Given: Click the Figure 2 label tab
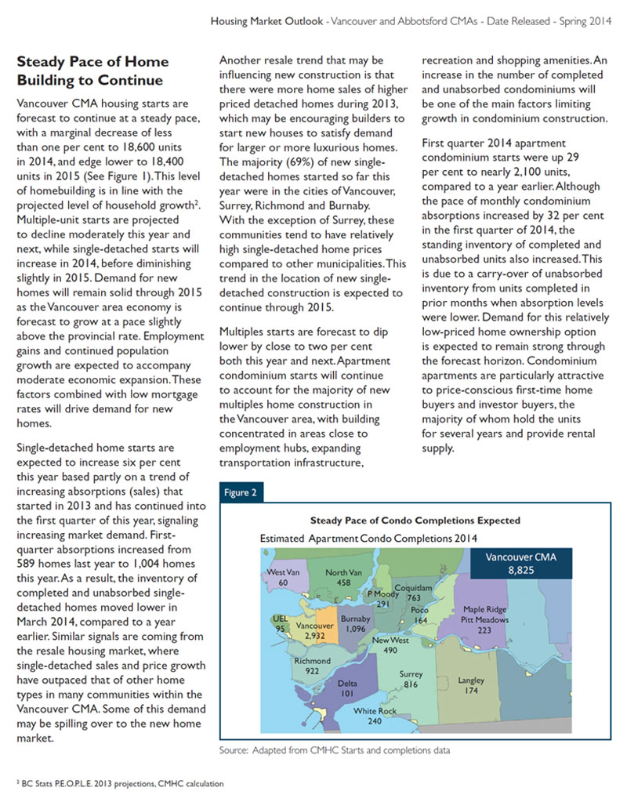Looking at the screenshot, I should [x=241, y=492].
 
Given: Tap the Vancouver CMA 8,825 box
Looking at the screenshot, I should [x=520, y=563].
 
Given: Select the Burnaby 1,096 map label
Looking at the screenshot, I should [x=356, y=624].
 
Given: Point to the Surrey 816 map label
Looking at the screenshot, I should [x=411, y=679].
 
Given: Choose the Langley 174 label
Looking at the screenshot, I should [x=471, y=685].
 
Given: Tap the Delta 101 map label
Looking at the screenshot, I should [x=348, y=688].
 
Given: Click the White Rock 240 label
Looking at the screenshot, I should [x=375, y=715].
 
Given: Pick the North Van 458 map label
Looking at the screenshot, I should [x=342, y=578].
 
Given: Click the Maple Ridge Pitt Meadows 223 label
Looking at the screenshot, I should [x=484, y=619].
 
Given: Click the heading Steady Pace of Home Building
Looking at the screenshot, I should [x=92, y=71].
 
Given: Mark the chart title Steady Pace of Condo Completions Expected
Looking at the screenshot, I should [x=415, y=521].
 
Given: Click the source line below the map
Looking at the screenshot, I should [x=335, y=750].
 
